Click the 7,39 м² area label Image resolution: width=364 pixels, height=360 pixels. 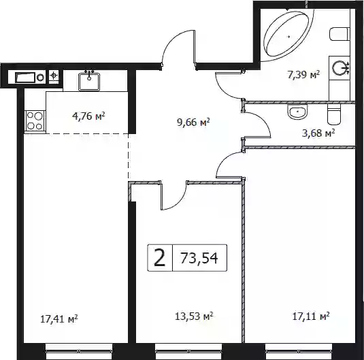pyautogui.click(x=303, y=75)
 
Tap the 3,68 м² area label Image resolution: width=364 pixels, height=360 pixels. pyautogui.click(x=318, y=133)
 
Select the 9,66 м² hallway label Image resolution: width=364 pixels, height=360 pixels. pyautogui.click(x=193, y=122)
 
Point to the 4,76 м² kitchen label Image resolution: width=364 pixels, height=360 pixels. pyautogui.click(x=88, y=116)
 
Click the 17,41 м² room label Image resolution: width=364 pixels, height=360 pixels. pyautogui.click(x=59, y=319)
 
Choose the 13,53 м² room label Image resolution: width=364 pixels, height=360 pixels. pyautogui.click(x=194, y=316)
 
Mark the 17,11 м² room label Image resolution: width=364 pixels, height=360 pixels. pyautogui.click(x=311, y=316)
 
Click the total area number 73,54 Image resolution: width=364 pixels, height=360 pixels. pyautogui.click(x=199, y=258)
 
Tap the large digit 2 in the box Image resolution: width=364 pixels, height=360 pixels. pyautogui.click(x=160, y=257)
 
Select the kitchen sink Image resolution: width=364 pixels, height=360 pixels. pyautogui.click(x=89, y=82)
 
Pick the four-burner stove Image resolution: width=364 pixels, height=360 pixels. pyautogui.click(x=35, y=120)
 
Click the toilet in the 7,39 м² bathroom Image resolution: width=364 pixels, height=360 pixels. pyautogui.click(x=340, y=35)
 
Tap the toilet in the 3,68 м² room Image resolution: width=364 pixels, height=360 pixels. pyautogui.click(x=333, y=114)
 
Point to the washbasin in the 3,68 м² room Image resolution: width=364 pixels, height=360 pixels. pyautogui.click(x=297, y=112)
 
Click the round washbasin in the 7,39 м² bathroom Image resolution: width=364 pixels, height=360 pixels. pyautogui.click(x=340, y=68)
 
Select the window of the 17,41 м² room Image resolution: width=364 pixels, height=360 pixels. pyautogui.click(x=79, y=351)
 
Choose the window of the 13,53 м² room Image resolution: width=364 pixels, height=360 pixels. pyautogui.click(x=188, y=351)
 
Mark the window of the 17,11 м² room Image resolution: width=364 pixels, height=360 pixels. pyautogui.click(x=299, y=351)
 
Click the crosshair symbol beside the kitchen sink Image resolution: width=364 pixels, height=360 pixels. pyautogui.click(x=54, y=76)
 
